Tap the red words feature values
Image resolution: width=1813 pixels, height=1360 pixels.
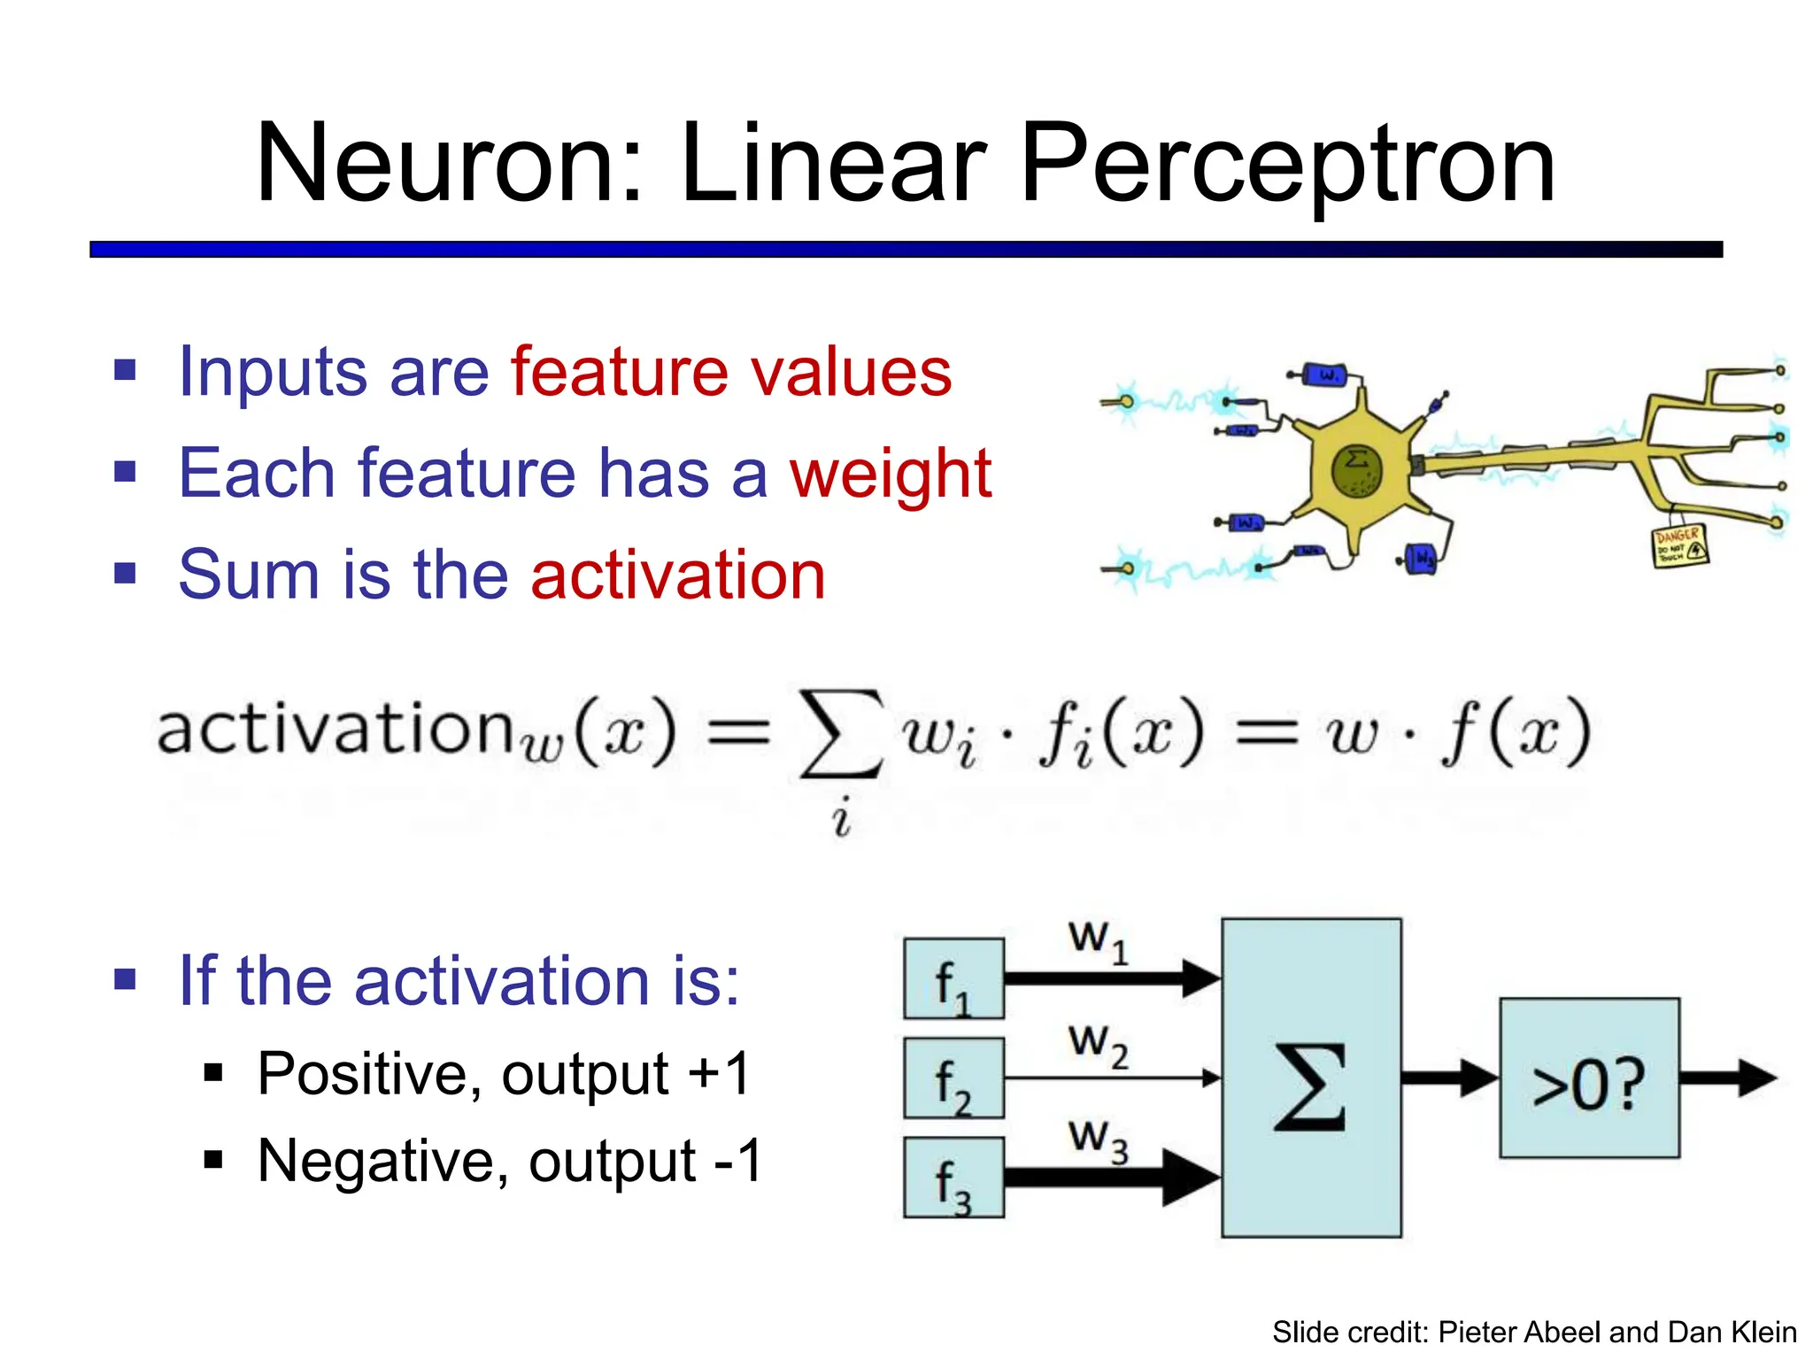click(731, 372)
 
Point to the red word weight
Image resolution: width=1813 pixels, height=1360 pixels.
click(891, 474)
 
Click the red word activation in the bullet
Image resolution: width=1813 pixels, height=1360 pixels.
click(678, 576)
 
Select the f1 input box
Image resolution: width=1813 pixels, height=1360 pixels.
click(953, 978)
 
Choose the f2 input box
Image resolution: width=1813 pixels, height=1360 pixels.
click(953, 1078)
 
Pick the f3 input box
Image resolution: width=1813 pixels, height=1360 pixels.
click(953, 1178)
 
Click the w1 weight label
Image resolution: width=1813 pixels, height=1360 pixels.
click(1098, 941)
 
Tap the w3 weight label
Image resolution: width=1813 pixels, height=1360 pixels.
click(1098, 1140)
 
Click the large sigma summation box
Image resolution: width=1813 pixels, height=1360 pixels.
click(1311, 1078)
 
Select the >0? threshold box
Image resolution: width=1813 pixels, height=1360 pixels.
click(1589, 1078)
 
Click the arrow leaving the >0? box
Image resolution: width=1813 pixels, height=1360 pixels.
click(1727, 1078)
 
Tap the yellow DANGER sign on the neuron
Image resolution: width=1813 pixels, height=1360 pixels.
click(1680, 546)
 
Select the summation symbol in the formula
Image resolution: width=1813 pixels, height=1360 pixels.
click(840, 734)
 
